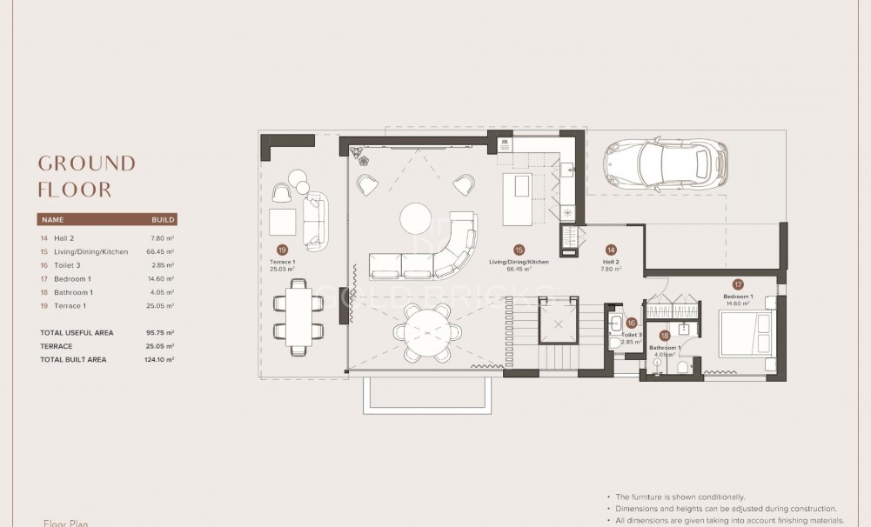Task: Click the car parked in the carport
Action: point(666,165)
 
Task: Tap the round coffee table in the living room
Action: point(415,219)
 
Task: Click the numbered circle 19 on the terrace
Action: point(282,248)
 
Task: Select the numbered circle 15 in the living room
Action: point(519,249)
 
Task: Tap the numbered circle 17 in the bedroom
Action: point(738,284)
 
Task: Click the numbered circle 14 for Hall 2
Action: point(611,249)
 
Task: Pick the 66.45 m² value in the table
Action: point(160,251)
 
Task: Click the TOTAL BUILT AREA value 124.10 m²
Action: point(160,359)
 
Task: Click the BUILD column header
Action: point(163,220)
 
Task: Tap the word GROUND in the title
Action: point(87,163)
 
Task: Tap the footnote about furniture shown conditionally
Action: point(680,497)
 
